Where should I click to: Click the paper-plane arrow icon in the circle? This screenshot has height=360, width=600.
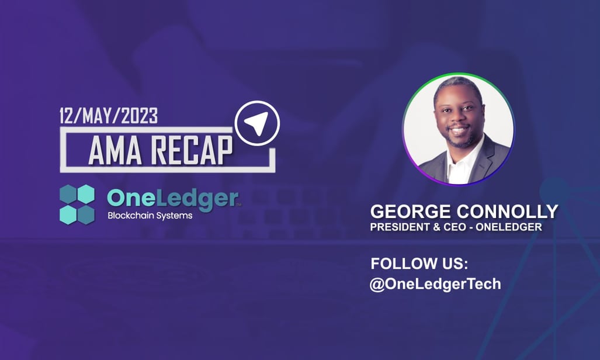pyautogui.click(x=256, y=123)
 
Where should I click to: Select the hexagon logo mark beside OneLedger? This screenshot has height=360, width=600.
pyautogui.click(x=77, y=204)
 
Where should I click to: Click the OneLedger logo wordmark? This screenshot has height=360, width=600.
pyautogui.click(x=172, y=198)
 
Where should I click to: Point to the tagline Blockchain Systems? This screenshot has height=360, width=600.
pyautogui.click(x=150, y=216)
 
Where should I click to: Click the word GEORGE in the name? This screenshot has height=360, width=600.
pyautogui.click(x=411, y=212)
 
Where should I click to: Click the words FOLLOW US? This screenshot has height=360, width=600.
pyautogui.click(x=419, y=264)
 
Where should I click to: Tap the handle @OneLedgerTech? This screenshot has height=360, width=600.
pyautogui.click(x=435, y=284)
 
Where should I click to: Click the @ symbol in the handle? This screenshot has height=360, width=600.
pyautogui.click(x=377, y=285)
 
